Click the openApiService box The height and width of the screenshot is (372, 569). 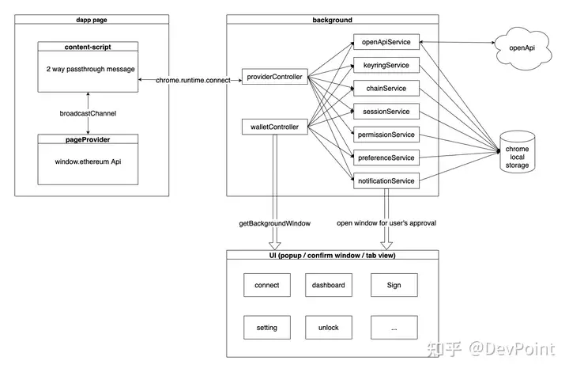pos(386,42)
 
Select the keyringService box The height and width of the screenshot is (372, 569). pos(386,65)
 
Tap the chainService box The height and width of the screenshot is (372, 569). pos(386,89)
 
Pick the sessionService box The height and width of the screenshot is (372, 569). pos(386,112)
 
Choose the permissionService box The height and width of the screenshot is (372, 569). pos(386,135)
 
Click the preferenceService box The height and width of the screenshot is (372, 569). pos(386,158)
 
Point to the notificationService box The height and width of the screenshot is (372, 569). pos(386,181)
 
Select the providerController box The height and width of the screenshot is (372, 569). pos(275,77)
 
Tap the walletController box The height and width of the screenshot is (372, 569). pos(275,127)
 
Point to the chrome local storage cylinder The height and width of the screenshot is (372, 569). pos(517,152)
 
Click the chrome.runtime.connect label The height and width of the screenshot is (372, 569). pos(193,80)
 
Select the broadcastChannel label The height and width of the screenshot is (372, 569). pos(88,113)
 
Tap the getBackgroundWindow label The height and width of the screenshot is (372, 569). pos(275,223)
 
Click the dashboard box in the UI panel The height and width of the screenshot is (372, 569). pos(329,285)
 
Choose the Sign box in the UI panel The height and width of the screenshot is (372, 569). pos(394,285)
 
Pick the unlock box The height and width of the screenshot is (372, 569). pos(329,328)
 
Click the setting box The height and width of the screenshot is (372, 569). pos(267,328)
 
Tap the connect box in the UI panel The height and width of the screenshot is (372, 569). pos(267,285)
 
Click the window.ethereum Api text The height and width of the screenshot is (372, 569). pos(88,161)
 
